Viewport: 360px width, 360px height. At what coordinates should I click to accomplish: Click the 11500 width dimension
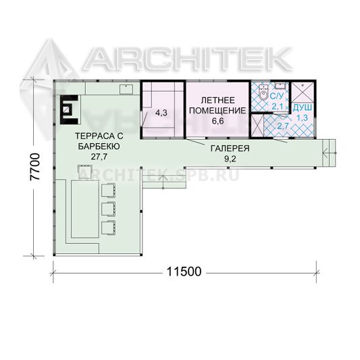point(184,272)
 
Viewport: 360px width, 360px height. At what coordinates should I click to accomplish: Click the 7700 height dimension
point(36,167)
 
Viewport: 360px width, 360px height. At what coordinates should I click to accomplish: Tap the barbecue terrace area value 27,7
point(99,157)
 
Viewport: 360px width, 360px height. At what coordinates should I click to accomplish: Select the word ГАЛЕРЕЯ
point(230,149)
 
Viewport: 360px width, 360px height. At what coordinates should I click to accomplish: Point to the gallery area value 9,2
point(230,159)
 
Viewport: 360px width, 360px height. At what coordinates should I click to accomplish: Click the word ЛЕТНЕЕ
point(218,101)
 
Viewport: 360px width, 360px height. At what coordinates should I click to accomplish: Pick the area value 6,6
point(218,121)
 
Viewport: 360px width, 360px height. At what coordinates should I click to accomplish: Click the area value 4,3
point(161,113)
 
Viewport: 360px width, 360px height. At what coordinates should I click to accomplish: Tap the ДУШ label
point(303,107)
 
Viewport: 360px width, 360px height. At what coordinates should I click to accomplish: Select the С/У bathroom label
point(277,96)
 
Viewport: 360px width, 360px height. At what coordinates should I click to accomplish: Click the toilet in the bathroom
point(263,93)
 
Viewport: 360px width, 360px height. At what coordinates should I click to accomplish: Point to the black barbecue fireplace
point(69,109)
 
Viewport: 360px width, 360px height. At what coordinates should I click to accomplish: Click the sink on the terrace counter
point(126,89)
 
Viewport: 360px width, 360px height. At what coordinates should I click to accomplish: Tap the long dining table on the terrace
point(85,209)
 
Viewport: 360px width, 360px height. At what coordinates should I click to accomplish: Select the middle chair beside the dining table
point(109,209)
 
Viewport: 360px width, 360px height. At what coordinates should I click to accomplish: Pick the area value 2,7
point(283,126)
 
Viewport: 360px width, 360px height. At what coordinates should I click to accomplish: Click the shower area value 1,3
point(303,118)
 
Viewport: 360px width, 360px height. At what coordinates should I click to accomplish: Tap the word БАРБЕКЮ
point(99,147)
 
